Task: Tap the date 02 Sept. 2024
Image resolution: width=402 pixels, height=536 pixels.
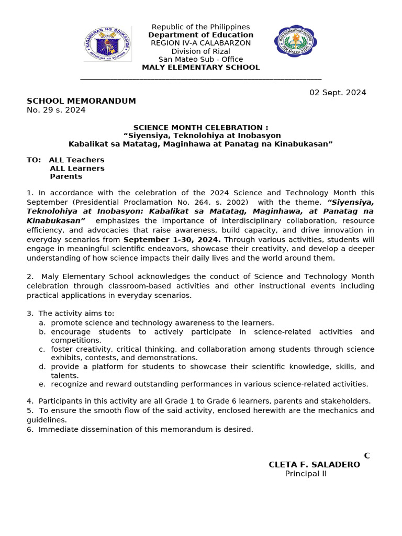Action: [x=338, y=93]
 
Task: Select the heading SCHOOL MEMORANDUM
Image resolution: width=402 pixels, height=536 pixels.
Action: [x=81, y=101]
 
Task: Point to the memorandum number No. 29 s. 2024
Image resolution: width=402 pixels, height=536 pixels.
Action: [x=56, y=110]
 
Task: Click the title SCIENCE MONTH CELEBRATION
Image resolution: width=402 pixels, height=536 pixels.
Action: [x=200, y=127]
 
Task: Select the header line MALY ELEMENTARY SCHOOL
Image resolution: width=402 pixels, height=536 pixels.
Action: [x=200, y=67]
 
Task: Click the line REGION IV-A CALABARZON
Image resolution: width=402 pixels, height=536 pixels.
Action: [x=200, y=43]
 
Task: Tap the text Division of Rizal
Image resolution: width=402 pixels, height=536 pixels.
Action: [x=200, y=51]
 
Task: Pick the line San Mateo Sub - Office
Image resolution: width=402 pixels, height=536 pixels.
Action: [x=200, y=59]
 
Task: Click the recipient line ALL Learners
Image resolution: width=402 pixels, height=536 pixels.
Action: [x=77, y=168]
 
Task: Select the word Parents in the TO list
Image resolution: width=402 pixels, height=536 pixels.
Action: [x=66, y=176]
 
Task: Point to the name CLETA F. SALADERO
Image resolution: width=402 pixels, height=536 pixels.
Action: [x=314, y=464]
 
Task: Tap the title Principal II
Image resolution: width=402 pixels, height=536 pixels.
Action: [x=306, y=474]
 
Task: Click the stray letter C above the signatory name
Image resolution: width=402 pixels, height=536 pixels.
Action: [x=367, y=455]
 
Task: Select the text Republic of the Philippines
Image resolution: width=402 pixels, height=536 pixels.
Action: [x=200, y=27]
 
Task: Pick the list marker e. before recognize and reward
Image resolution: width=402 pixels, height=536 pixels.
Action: [x=41, y=384]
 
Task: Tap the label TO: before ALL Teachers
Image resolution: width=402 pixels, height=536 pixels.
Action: [x=33, y=160]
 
